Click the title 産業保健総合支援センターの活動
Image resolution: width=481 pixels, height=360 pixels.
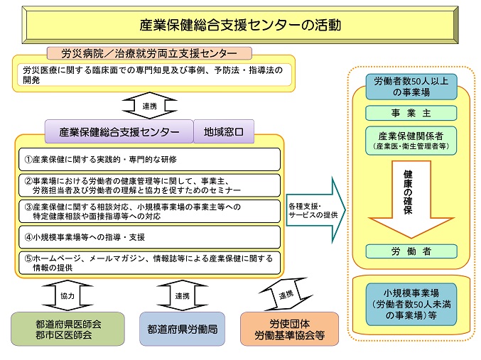click(241, 25)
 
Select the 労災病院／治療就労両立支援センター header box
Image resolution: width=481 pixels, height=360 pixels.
click(150, 53)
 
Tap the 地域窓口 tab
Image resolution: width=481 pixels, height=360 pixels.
click(223, 131)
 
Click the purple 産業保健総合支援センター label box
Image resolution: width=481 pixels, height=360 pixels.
click(119, 131)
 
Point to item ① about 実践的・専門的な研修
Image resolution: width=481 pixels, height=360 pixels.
click(149, 159)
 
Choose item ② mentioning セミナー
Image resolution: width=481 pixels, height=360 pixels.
click(149, 185)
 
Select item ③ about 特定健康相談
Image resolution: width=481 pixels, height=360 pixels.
click(149, 211)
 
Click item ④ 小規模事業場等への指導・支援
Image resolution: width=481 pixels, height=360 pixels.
click(149, 236)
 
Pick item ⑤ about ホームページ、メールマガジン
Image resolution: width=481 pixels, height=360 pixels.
click(149, 262)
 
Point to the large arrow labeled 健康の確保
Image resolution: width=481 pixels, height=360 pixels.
click(407, 197)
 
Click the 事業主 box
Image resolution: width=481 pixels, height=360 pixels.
click(407, 114)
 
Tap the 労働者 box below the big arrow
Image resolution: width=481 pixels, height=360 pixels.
click(407, 251)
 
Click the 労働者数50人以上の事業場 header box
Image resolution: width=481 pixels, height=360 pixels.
click(407, 86)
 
